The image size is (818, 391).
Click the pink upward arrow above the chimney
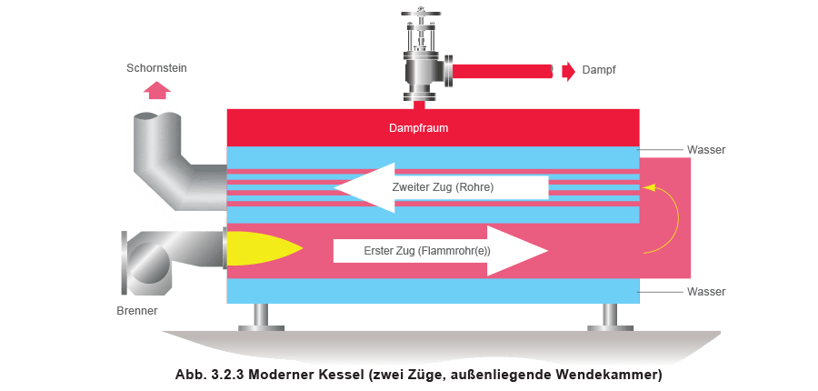[x=158, y=88]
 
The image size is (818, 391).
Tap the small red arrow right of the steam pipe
[x=567, y=70]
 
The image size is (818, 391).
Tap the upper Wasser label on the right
[x=705, y=149]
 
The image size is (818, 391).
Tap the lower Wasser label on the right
[x=705, y=292]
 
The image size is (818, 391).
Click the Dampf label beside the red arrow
[x=600, y=70]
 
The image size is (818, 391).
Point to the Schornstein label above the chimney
[x=158, y=68]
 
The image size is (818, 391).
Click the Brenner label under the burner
[x=138, y=312]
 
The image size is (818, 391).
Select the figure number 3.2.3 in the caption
[x=233, y=375]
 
